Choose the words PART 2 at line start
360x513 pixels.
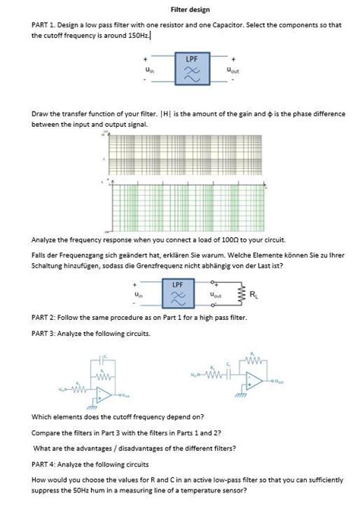(42, 316)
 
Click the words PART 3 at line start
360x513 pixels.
(42, 333)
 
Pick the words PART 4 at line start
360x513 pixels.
(42, 464)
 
